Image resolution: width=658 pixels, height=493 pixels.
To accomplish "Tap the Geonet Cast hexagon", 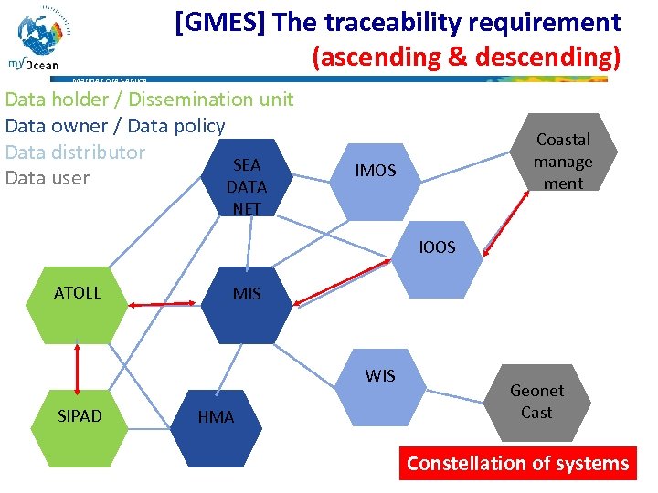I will tap(536, 402).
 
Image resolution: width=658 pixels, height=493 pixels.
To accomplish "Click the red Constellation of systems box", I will tap(517, 463).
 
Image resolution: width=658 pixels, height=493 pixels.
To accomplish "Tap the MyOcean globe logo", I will tap(42, 37).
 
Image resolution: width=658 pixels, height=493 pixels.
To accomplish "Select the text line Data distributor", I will tap(76, 152).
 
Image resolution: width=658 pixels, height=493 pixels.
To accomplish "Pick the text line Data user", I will tap(48, 177).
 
